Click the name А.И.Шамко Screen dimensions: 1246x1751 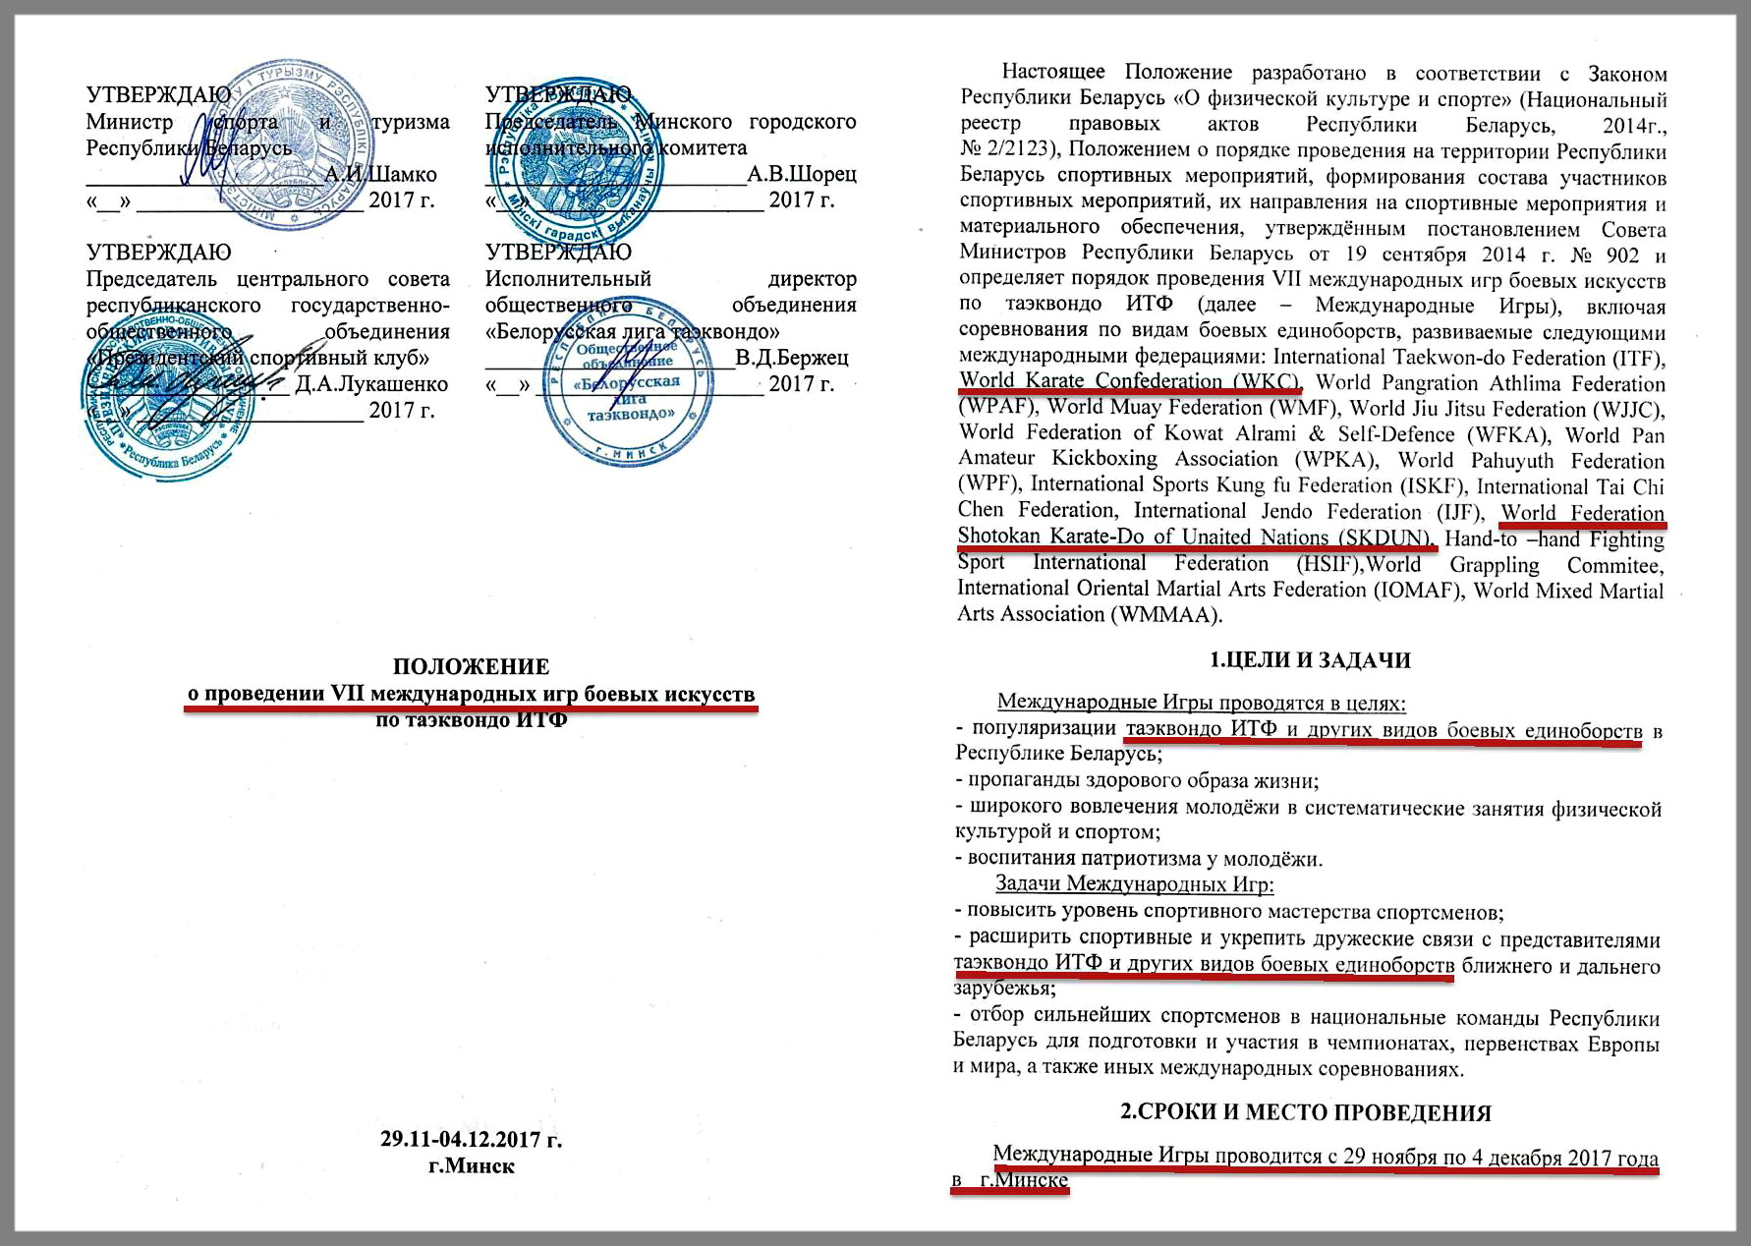pos(380,175)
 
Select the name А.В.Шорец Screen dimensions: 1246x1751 pos(801,175)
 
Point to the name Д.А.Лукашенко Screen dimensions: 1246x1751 pos(371,384)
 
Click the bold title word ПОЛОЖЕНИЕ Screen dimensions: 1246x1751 pos(471,667)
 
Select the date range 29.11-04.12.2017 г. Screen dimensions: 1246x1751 pos(471,1140)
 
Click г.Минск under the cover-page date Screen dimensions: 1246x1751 pos(472,1166)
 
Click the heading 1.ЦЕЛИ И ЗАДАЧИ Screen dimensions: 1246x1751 pos(1309,660)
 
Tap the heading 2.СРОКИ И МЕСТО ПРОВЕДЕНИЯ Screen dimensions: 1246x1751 pos(1306,1113)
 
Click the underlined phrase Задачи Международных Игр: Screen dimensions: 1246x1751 pos(1134,884)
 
